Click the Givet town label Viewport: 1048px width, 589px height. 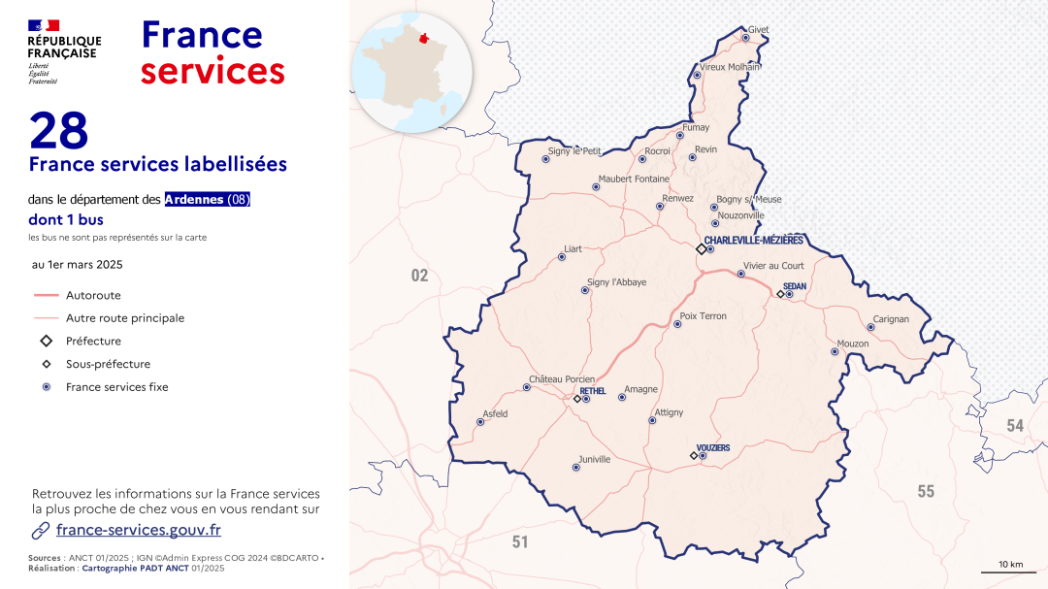click(x=758, y=30)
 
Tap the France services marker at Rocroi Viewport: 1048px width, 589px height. click(x=642, y=159)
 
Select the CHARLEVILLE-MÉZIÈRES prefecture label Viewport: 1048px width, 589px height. click(x=753, y=240)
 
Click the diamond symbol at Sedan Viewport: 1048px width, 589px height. click(x=780, y=294)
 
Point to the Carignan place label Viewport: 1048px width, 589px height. click(x=891, y=319)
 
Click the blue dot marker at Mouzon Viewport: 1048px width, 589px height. click(x=835, y=351)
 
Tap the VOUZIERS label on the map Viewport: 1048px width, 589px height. click(x=713, y=447)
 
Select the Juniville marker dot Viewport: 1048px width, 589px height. click(x=575, y=468)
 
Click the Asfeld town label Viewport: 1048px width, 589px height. click(x=495, y=414)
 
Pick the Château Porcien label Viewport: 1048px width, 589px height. click(x=560, y=378)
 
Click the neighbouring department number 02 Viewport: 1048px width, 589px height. click(x=419, y=276)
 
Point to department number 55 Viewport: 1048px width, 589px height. click(x=926, y=492)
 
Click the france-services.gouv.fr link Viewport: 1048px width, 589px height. click(x=138, y=530)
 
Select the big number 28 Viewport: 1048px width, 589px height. click(x=59, y=131)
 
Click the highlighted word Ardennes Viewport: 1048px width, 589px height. click(x=194, y=199)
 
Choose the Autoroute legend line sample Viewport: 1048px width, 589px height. click(x=46, y=295)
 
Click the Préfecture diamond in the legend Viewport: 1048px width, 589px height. click(x=46, y=342)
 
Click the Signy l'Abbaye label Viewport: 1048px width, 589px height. click(x=616, y=282)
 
